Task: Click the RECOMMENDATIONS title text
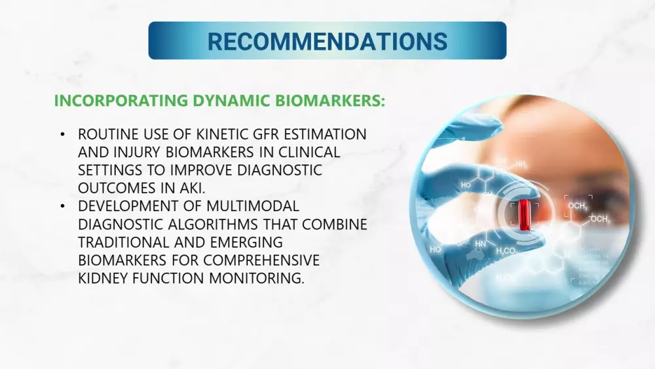(x=327, y=41)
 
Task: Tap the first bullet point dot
(x=63, y=134)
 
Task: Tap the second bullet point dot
(x=63, y=206)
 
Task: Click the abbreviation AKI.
(x=193, y=188)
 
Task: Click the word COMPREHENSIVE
(x=261, y=260)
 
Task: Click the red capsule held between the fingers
(x=523, y=215)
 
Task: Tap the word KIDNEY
(x=103, y=278)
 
